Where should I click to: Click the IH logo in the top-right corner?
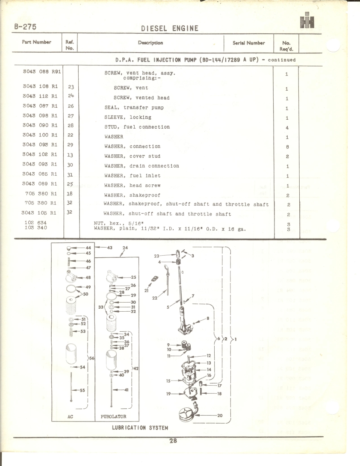pos(307,21)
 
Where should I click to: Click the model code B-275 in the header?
pos(25,27)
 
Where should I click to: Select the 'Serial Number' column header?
pos(248,43)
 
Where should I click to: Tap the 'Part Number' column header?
pos(37,42)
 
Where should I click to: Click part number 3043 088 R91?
pos(42,72)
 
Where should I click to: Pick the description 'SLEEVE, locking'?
pos(128,117)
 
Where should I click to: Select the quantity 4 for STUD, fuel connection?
pos(287,128)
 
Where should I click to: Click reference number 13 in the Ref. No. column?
pos(70,155)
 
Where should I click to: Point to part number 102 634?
pos(35,222)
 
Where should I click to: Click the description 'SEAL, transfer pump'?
pos(134,108)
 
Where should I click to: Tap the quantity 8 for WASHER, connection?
pos(287,147)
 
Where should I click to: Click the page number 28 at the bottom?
pos(173,441)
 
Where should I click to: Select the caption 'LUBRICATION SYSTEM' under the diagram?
pos(140,428)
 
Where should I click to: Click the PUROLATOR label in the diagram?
pos(113,417)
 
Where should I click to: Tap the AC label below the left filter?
pos(70,417)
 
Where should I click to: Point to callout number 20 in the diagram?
pos(220,415)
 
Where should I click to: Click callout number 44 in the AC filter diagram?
pos(89,248)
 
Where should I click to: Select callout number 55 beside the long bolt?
pos(83,390)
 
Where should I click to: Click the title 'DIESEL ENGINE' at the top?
pos(169,28)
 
